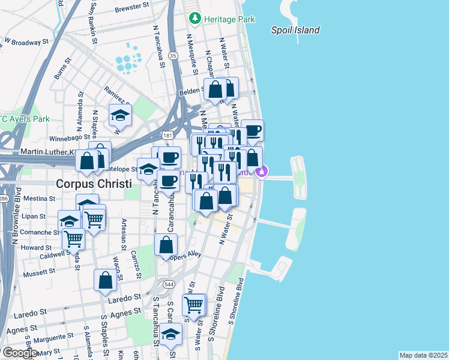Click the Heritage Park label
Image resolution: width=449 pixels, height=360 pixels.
[x=229, y=19]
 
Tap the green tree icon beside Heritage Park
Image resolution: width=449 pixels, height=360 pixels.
[x=194, y=19]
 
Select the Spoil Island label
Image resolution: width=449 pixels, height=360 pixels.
[x=295, y=30]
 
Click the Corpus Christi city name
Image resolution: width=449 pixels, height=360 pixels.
[x=93, y=184]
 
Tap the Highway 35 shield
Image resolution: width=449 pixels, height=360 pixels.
[x=173, y=55]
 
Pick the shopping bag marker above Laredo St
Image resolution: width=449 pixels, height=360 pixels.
[x=105, y=280]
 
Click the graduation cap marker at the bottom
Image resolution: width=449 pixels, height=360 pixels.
[x=171, y=334]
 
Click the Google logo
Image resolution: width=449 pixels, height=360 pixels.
[x=19, y=353]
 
